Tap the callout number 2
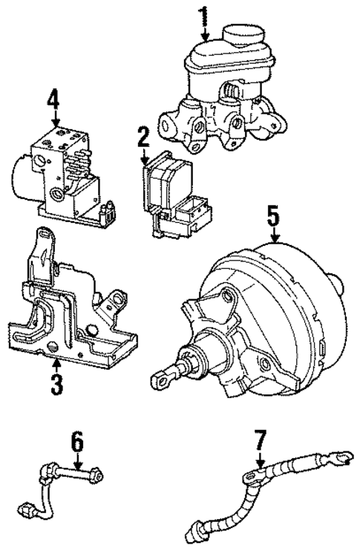pos(143,137)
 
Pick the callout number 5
pos(274,218)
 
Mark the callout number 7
pos(258,443)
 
